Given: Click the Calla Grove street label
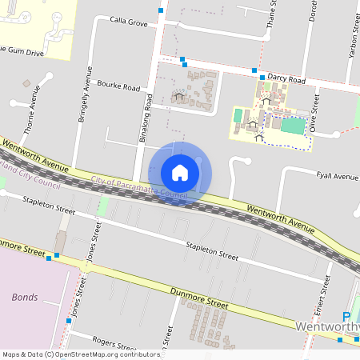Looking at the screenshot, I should point(129,24).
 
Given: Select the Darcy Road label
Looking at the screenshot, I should point(286,80).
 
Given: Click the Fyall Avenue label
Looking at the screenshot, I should point(337,176).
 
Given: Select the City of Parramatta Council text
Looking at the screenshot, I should point(138,188).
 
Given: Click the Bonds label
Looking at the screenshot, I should point(25,297).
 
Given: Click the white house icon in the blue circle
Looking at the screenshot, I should point(180,173).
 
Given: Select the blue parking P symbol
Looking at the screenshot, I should point(346,317).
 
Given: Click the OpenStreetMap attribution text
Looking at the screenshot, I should point(80,354).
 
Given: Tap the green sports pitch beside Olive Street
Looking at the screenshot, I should point(293,126).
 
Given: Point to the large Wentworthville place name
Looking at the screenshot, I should point(327,328).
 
